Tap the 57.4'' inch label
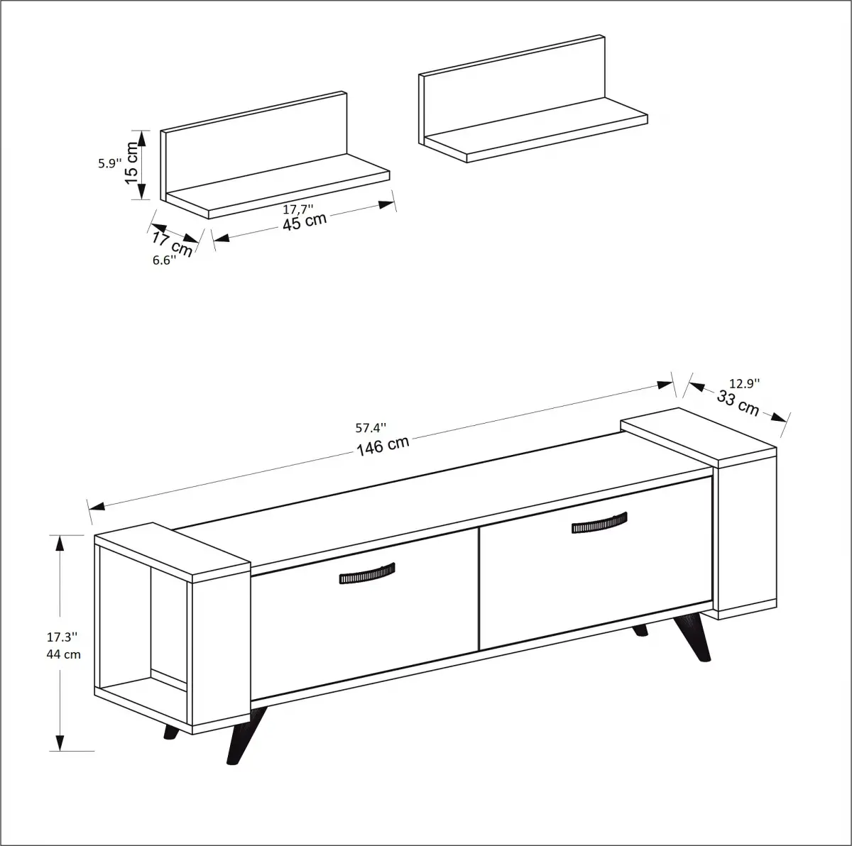click(371, 428)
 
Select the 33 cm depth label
click(738, 403)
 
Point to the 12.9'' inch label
click(744, 383)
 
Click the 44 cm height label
click(64, 654)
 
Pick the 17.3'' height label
click(64, 637)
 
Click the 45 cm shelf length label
click(305, 221)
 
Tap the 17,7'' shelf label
click(298, 209)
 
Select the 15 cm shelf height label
click(132, 163)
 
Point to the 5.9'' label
click(110, 163)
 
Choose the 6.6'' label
click(164, 260)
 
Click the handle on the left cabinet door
click(366, 573)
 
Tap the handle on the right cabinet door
click(599, 522)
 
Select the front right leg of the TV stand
click(692, 637)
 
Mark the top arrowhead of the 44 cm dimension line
click(60, 543)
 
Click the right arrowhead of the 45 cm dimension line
click(386, 205)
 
